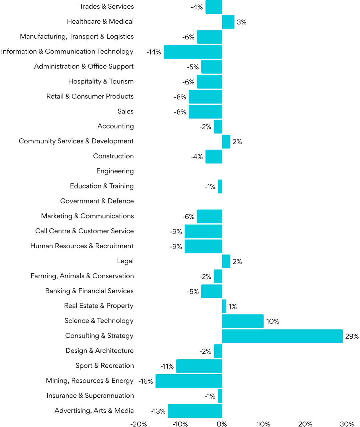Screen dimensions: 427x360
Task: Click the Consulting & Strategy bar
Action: click(x=282, y=336)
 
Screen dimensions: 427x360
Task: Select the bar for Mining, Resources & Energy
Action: click(x=189, y=381)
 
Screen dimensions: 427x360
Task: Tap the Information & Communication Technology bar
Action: click(x=193, y=52)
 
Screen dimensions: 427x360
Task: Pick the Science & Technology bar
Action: click(x=243, y=321)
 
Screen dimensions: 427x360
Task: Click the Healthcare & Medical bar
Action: click(x=228, y=22)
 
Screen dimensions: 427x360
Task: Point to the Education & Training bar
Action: click(x=220, y=186)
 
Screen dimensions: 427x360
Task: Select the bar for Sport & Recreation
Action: click(x=199, y=366)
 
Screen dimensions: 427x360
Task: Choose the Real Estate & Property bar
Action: click(x=224, y=306)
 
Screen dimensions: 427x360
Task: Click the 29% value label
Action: click(x=352, y=336)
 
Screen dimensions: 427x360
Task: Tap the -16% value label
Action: click(x=146, y=381)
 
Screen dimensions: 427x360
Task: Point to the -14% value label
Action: click(x=154, y=52)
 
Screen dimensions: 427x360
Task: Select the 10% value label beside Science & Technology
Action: click(x=273, y=321)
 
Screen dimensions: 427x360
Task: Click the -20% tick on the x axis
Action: click(x=139, y=424)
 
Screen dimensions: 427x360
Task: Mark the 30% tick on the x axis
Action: click(x=347, y=424)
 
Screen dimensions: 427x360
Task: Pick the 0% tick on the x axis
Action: click(x=222, y=424)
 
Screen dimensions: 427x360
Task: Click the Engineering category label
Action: click(x=115, y=171)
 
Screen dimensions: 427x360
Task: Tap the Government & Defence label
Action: click(x=97, y=201)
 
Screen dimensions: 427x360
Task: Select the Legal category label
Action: click(x=125, y=261)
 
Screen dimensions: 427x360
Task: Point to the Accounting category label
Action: click(x=116, y=126)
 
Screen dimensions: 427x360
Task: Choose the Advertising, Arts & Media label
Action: click(x=94, y=411)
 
